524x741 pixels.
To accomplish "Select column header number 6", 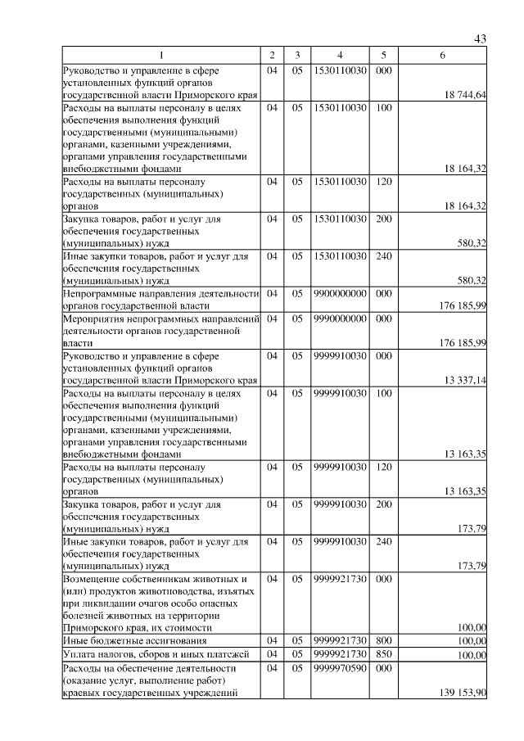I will point(442,55).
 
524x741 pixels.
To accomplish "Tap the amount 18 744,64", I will point(465,96).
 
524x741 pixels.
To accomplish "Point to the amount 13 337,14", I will point(465,380).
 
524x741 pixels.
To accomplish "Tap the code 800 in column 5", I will point(382,639).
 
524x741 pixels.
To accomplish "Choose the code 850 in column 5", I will point(382,654).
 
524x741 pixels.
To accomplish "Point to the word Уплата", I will point(79,655).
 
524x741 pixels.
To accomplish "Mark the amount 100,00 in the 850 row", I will point(472,656).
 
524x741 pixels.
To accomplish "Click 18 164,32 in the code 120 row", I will point(465,206).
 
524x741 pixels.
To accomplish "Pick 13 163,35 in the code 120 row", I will point(465,491).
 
